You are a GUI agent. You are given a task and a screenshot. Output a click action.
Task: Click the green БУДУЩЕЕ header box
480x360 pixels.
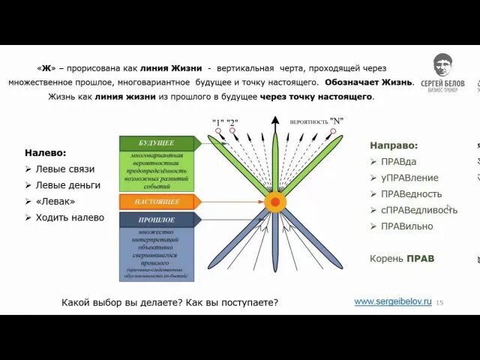click(156, 143)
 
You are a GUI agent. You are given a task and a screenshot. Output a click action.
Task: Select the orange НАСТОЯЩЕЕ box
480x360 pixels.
click(157, 202)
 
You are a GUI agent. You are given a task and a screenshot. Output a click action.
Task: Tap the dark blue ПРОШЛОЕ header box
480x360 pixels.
click(156, 220)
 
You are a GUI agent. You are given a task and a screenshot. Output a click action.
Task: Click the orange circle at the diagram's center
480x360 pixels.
click(275, 202)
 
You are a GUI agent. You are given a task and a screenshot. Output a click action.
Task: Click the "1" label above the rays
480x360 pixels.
click(218, 121)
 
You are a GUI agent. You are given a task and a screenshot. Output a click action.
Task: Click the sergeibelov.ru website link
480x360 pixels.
click(392, 301)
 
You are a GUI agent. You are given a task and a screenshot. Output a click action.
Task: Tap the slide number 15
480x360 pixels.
click(439, 302)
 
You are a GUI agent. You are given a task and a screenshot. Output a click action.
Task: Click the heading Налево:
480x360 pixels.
click(46, 153)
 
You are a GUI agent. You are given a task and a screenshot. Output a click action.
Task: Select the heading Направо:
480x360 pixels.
click(394, 145)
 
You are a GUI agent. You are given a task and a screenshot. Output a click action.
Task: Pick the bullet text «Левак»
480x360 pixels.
click(55, 201)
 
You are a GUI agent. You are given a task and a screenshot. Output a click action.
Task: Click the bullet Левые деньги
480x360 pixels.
click(68, 185)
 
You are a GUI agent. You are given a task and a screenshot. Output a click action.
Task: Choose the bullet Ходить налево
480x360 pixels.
click(70, 217)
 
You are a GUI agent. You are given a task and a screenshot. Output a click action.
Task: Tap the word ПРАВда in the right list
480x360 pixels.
click(398, 161)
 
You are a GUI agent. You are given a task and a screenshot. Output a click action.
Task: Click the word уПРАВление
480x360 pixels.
click(409, 178)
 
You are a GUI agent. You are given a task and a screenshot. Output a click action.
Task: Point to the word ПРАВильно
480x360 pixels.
click(406, 226)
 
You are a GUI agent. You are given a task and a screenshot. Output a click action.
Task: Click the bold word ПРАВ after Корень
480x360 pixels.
click(420, 259)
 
